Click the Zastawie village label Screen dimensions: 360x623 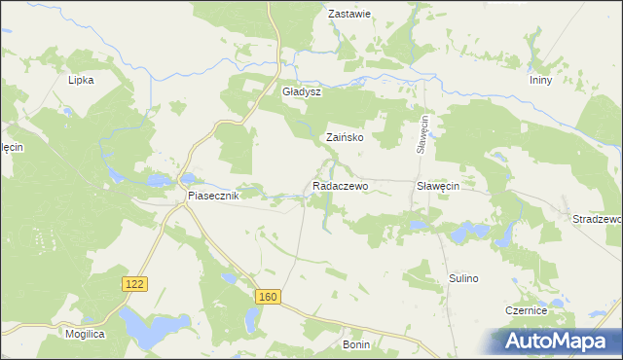pos(350,15)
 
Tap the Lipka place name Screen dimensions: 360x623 pos(80,81)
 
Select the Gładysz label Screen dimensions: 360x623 pos(301,91)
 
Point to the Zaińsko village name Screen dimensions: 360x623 pos(345,138)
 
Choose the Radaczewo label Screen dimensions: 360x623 pos(340,185)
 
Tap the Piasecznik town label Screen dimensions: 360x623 pos(213,196)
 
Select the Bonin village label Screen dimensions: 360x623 pos(357,344)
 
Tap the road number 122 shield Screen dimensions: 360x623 pos(135,283)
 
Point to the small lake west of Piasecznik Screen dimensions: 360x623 pos(116,176)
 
